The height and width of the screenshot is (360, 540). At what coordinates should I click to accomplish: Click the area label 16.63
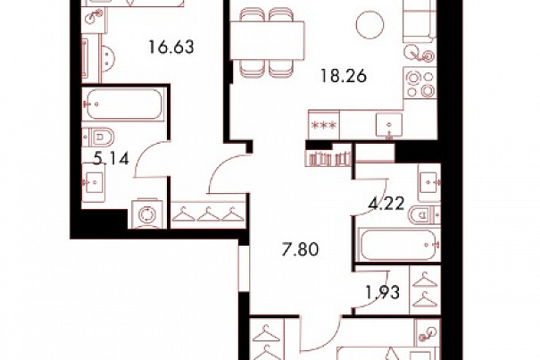tap(171, 46)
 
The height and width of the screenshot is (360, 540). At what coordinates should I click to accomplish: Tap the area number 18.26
tap(344, 76)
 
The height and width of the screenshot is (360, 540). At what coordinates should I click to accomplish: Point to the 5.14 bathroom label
tap(112, 159)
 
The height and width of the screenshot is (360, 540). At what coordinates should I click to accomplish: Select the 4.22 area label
tap(386, 205)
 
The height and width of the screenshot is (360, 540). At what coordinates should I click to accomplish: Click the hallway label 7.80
tap(300, 249)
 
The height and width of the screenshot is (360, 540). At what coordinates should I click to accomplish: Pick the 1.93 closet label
tap(382, 293)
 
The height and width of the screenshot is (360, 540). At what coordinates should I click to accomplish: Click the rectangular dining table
tap(267, 40)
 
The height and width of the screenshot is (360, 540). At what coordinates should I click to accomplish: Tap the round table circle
tap(370, 24)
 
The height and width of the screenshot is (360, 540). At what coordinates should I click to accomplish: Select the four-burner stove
tap(420, 83)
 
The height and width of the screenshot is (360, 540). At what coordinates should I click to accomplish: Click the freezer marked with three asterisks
tap(323, 125)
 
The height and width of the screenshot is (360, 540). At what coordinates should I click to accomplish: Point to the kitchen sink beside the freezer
tap(389, 125)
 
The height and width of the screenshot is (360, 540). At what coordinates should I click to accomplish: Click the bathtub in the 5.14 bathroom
tap(123, 104)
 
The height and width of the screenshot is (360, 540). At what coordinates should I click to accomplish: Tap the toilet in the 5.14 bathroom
tap(98, 138)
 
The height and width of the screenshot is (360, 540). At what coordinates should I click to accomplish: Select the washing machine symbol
tap(147, 213)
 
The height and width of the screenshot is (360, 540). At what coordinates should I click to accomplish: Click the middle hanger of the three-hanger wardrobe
tap(208, 214)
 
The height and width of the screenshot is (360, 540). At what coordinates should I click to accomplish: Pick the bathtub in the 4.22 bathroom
tap(398, 244)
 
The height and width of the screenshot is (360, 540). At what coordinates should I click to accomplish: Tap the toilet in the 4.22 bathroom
tap(424, 215)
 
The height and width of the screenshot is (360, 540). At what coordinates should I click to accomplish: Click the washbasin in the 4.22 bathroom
tap(428, 183)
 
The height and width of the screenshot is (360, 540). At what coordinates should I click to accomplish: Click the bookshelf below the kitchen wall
tap(328, 158)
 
